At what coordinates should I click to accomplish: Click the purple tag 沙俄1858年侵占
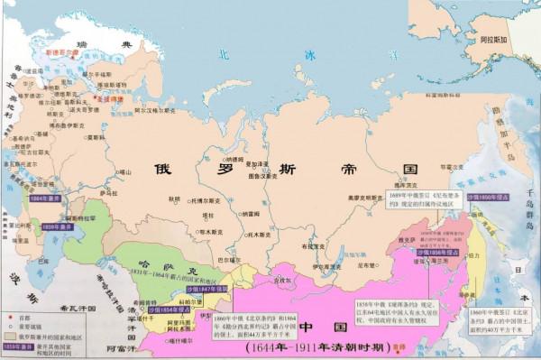click(433, 253)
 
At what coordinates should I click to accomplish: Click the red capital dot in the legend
click(12, 318)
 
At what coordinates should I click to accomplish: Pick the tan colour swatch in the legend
click(12, 332)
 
